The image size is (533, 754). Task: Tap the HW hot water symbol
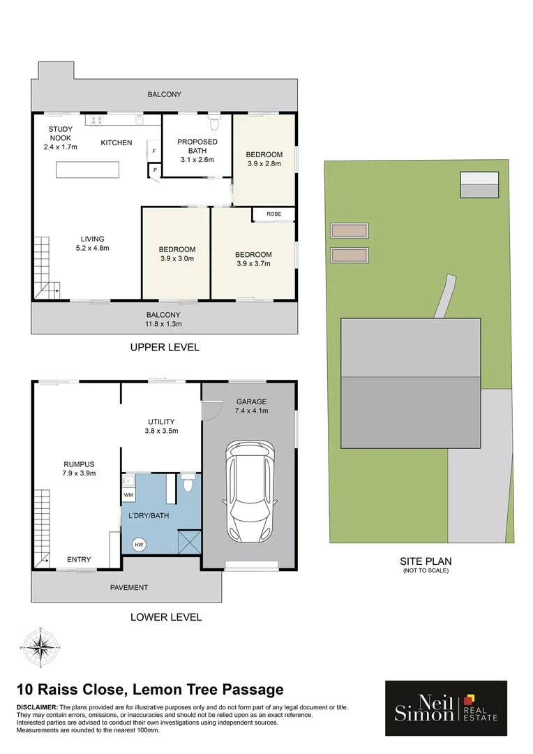point(139,545)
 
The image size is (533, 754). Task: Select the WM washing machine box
point(128,495)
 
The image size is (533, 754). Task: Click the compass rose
point(41,647)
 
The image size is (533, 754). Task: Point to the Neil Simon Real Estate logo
point(446,708)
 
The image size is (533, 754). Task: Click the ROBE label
point(273,214)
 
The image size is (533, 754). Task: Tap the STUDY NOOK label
point(61,138)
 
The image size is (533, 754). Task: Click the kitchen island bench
point(88,170)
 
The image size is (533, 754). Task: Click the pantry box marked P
point(154,169)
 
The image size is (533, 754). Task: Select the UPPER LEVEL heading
point(165,347)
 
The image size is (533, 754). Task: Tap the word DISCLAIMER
point(37,708)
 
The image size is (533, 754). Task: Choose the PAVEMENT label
point(129,587)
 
